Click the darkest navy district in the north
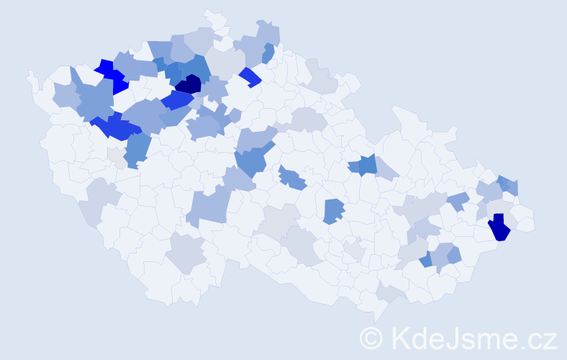click(x=189, y=84)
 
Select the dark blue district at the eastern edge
click(x=499, y=228)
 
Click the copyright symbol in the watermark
click(x=371, y=338)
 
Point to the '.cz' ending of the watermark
click(x=537, y=338)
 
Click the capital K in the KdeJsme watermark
click(x=399, y=338)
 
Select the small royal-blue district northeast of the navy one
click(x=250, y=77)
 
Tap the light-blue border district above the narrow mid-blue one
click(x=268, y=33)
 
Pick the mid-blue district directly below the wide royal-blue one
click(x=137, y=148)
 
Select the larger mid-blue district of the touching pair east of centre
click(x=367, y=164)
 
